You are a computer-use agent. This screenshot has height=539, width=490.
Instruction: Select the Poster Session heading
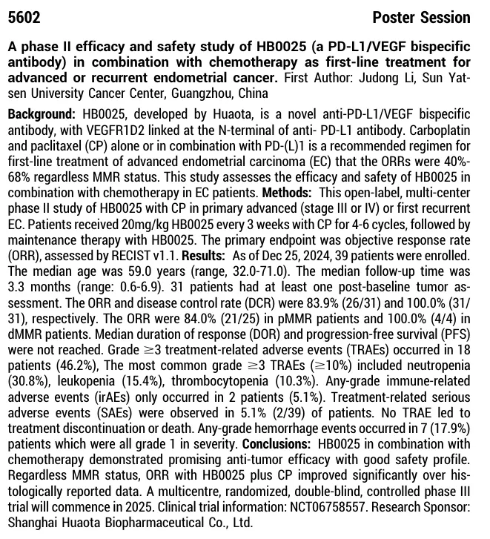tap(420, 17)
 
